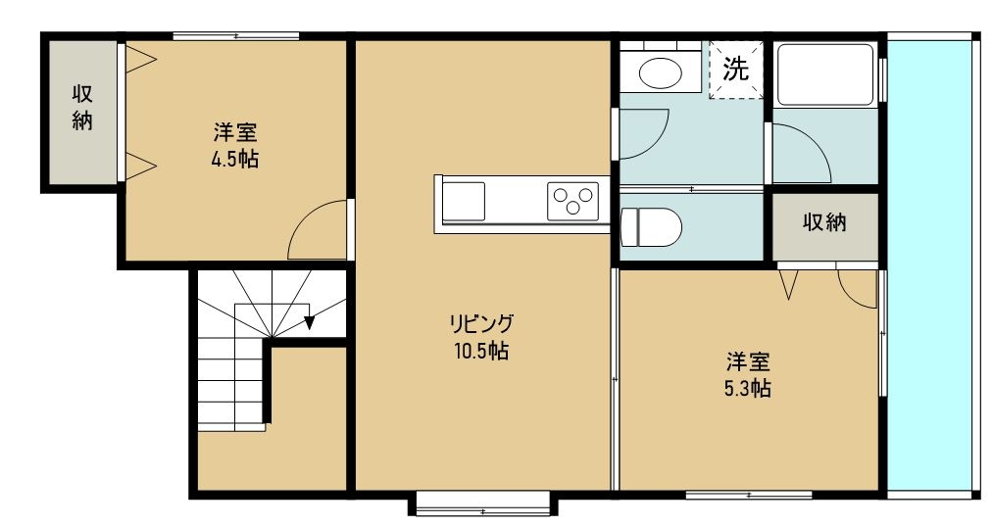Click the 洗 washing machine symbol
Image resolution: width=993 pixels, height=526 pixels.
pos(735,69)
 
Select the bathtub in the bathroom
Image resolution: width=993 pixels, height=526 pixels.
pos(824,74)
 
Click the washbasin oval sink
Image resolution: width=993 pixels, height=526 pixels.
pos(658,72)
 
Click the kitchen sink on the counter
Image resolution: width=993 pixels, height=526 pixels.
pos(463,201)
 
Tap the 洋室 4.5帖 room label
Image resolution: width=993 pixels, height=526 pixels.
pos(234,146)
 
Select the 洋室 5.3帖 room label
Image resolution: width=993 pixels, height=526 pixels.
pos(748,374)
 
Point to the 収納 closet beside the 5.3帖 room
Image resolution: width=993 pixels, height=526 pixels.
pos(824,223)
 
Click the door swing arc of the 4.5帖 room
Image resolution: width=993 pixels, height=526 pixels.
pos(316,233)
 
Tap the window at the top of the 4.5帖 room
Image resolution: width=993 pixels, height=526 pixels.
pos(235,37)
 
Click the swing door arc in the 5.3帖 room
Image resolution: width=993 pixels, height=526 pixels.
pos(858,289)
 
